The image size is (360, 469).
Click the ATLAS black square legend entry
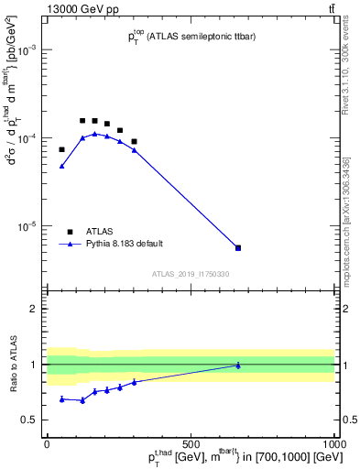tap(70, 232)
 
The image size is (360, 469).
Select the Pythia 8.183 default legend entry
tap(70, 245)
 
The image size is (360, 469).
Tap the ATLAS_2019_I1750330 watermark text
tap(191, 274)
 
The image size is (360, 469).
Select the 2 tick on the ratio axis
tap(35, 309)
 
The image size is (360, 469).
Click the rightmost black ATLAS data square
tap(238, 248)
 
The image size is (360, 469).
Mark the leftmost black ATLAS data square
tap(62, 149)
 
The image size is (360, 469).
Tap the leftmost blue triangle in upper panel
tap(62, 166)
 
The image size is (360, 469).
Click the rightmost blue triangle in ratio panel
tap(238, 365)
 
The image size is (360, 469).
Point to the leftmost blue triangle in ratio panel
tap(62, 398)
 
